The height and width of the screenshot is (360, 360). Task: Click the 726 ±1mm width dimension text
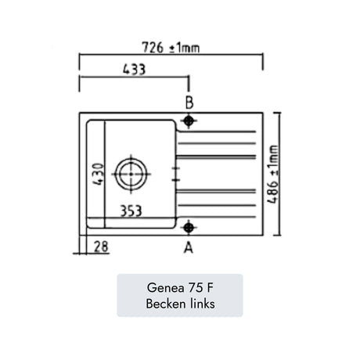[x=171, y=48]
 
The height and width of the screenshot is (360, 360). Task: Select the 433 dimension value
[x=134, y=70]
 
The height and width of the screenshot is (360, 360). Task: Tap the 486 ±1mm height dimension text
[x=273, y=174]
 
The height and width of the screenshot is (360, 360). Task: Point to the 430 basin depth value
[x=99, y=174]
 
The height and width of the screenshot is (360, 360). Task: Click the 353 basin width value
[x=131, y=211]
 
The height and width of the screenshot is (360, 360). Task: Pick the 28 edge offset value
[x=101, y=247]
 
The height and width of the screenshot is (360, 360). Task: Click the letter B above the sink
[x=189, y=103]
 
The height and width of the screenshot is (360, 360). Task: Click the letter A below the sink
[x=189, y=247]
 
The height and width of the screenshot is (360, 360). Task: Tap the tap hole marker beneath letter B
[x=189, y=121]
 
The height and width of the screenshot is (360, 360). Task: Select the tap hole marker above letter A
[x=189, y=228]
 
